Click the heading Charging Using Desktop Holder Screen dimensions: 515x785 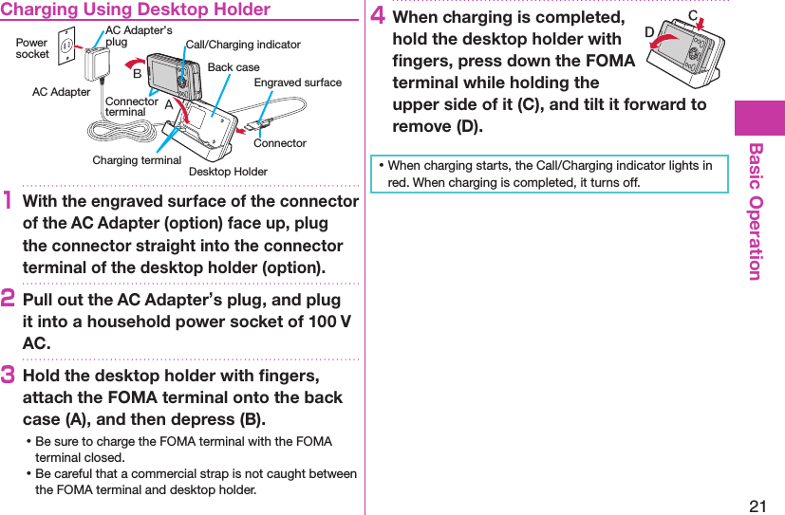pyautogui.click(x=137, y=10)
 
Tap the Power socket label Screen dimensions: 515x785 pyautogui.click(x=32, y=48)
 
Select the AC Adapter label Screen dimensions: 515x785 pyautogui.click(x=61, y=92)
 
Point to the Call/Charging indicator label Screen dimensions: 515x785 pyautogui.click(x=243, y=45)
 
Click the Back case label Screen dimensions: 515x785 pyautogui.click(x=233, y=67)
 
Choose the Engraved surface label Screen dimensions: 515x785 pyautogui.click(x=298, y=83)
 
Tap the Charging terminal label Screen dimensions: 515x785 pyautogui.click(x=137, y=160)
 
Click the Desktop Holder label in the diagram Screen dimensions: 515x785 pyautogui.click(x=228, y=172)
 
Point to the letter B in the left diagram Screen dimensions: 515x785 pyautogui.click(x=138, y=73)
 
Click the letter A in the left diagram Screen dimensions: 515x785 pyautogui.click(x=169, y=105)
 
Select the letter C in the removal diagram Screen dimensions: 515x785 pyautogui.click(x=693, y=15)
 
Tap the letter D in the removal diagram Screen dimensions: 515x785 pyautogui.click(x=650, y=32)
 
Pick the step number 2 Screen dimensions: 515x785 pyautogui.click(x=10, y=300)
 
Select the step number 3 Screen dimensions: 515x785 pyautogui.click(x=10, y=376)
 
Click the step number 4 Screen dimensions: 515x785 pyautogui.click(x=378, y=18)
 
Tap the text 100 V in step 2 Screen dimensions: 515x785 pyautogui.click(x=331, y=322)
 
